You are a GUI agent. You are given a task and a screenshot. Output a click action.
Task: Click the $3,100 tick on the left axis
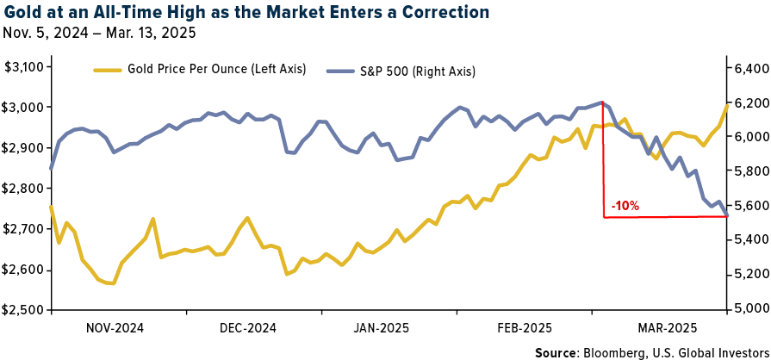(x=27, y=67)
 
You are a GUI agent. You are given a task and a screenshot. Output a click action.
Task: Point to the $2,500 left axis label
(x=27, y=309)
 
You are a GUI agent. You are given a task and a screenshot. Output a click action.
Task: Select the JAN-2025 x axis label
(x=380, y=328)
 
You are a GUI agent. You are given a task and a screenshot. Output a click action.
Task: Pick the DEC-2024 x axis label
(x=247, y=328)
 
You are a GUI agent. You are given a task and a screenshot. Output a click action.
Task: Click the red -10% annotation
(x=625, y=206)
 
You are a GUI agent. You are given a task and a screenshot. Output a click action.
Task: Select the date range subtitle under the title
(x=99, y=34)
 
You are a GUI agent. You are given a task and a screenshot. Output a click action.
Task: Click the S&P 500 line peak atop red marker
(x=601, y=102)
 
